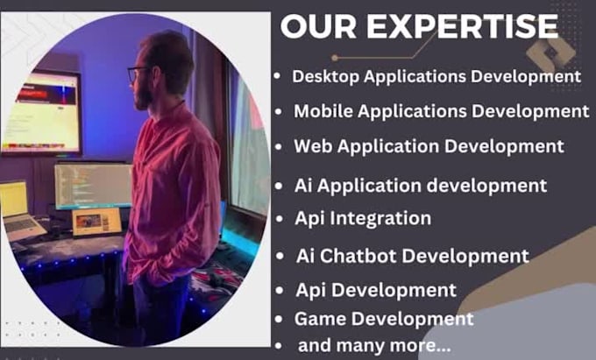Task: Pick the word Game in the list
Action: pyautogui.click(x=317, y=319)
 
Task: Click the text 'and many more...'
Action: pyautogui.click(x=374, y=345)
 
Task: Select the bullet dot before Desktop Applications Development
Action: pyautogui.click(x=276, y=77)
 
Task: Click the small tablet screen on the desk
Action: pyautogui.click(x=96, y=222)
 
